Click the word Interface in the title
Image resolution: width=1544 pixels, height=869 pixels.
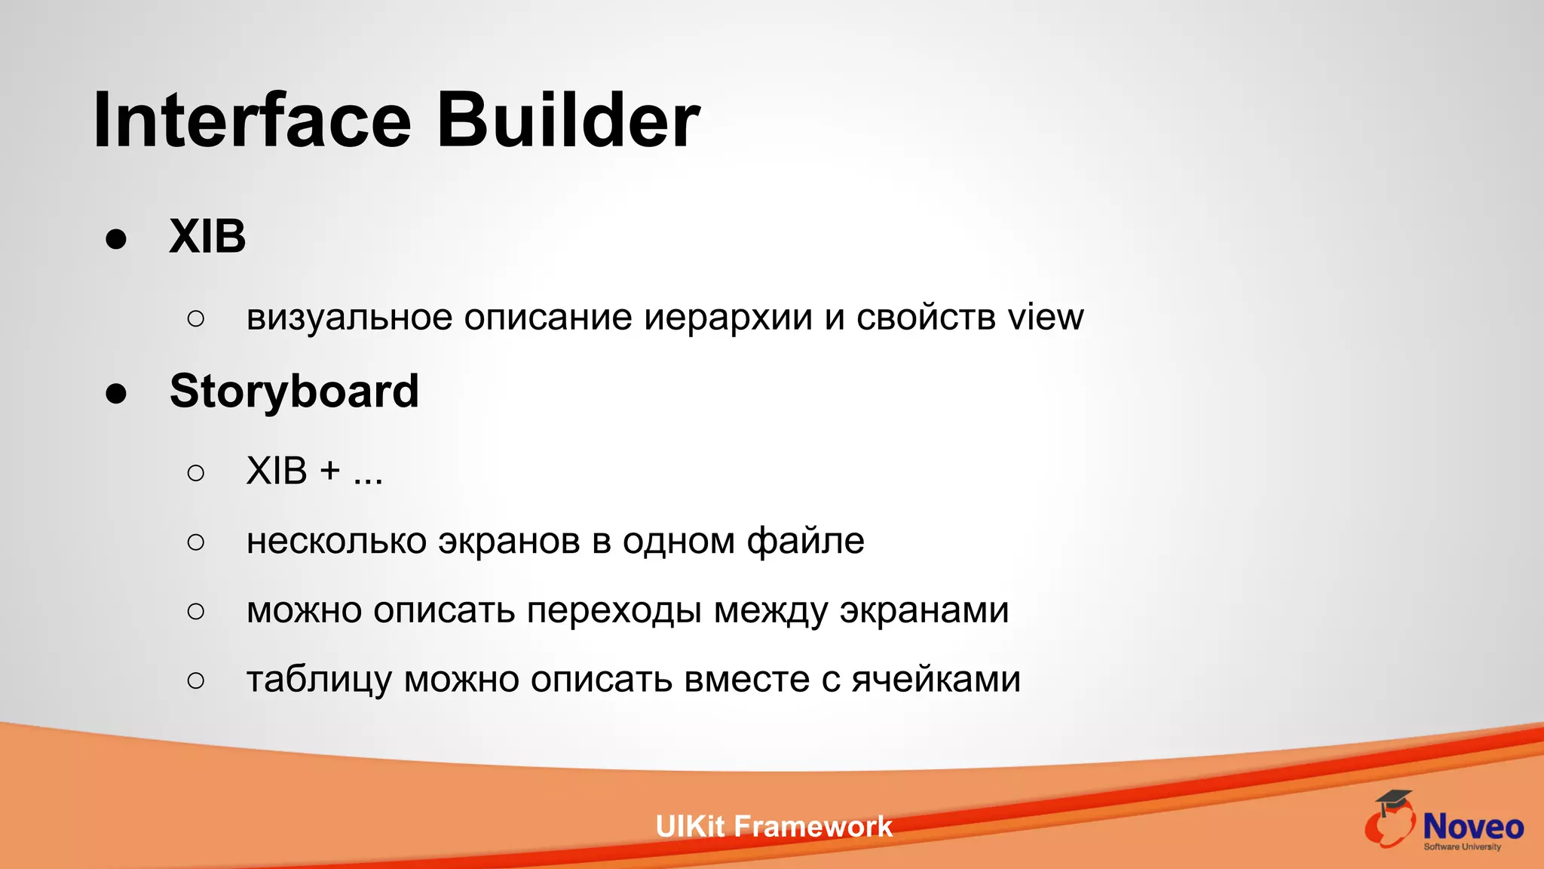click(x=252, y=121)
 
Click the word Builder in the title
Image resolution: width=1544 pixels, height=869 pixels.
click(x=568, y=121)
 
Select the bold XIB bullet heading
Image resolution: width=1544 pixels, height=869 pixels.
click(x=207, y=237)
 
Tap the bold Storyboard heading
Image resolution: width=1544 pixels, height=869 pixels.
click(x=294, y=392)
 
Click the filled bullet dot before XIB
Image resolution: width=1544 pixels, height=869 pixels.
click(x=116, y=239)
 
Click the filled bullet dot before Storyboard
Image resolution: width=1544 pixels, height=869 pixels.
click(x=116, y=394)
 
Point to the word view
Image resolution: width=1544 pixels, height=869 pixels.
click(x=1046, y=317)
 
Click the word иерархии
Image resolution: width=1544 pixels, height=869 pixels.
click(x=728, y=318)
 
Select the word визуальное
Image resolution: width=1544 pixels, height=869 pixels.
click(x=349, y=318)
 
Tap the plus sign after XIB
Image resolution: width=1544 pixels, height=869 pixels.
click(x=330, y=471)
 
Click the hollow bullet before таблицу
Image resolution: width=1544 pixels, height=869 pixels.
click(x=196, y=680)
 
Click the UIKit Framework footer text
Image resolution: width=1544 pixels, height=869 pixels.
click(x=774, y=827)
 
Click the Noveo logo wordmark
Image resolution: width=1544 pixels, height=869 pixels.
click(x=1472, y=828)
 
